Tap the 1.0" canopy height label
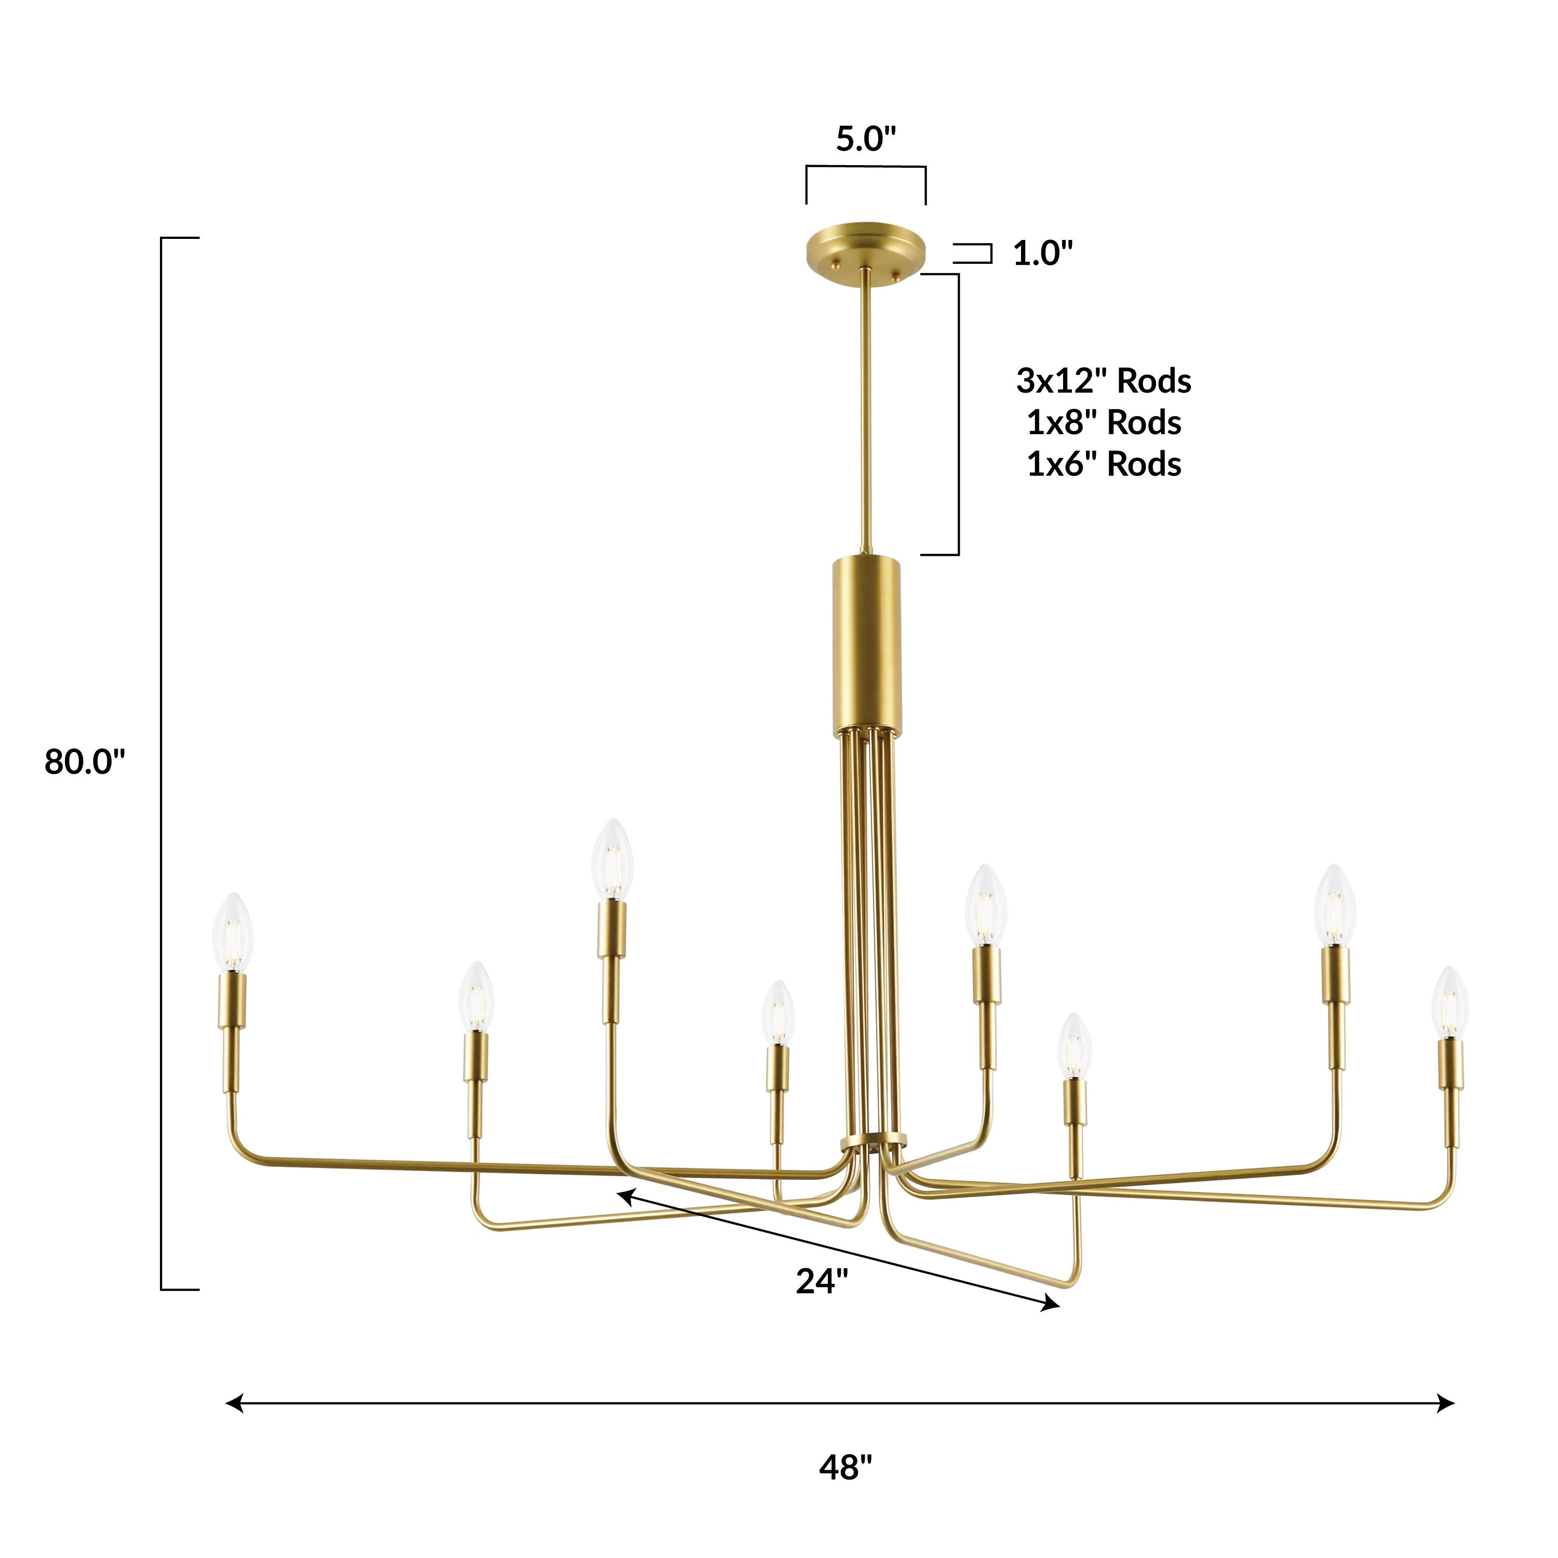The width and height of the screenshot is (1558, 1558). (1043, 253)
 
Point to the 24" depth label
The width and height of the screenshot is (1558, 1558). (822, 1281)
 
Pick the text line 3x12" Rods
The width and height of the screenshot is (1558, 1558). (1103, 381)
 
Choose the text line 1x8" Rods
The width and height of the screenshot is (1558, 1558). (1103, 423)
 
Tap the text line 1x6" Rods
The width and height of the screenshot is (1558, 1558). (1103, 464)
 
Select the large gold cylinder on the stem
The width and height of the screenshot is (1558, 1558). (867, 645)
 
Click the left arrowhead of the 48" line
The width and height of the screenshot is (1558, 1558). (234, 1404)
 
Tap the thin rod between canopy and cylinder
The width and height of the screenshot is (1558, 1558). (865, 411)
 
